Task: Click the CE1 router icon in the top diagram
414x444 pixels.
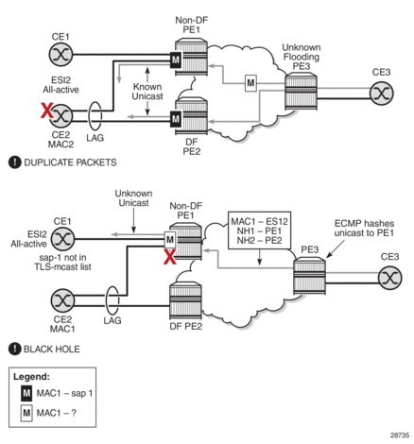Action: (60, 55)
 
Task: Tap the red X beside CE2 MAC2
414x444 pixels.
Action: (46, 111)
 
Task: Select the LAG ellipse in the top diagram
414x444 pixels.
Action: (95, 116)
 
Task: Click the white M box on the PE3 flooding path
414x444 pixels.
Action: (250, 83)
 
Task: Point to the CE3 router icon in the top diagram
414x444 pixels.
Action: (381, 94)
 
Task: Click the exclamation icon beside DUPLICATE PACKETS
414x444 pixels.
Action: (14, 162)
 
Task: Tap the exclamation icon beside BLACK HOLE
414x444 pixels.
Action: (14, 349)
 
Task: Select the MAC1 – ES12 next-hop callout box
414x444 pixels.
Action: (259, 231)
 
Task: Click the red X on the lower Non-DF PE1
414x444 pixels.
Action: (169, 256)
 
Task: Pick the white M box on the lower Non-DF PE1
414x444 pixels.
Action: (170, 240)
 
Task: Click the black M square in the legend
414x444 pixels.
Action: (26, 393)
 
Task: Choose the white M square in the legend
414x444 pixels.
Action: (26, 413)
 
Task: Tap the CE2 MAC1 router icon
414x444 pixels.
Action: (62, 300)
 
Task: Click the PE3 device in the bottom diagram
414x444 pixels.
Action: (309, 276)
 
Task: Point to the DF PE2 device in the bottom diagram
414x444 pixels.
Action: (185, 301)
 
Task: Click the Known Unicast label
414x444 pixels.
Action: (147, 92)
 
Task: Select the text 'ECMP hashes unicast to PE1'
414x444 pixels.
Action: (364, 229)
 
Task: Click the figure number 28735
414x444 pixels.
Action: (400, 435)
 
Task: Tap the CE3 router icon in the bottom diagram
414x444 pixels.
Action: (389, 278)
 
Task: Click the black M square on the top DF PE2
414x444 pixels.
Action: (176, 119)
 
